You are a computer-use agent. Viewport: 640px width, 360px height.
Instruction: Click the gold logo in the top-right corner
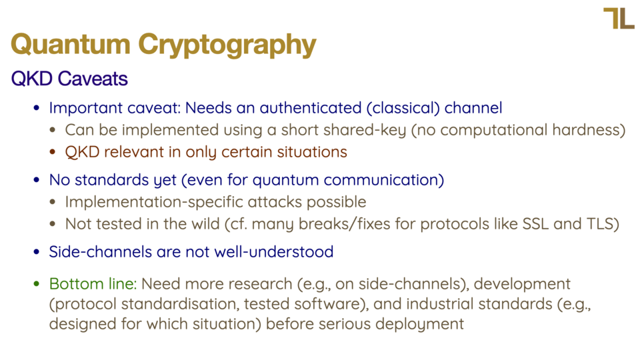tap(619, 19)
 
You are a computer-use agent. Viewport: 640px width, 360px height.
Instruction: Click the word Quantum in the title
tap(70, 45)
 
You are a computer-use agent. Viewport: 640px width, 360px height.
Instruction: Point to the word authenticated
tap(311, 108)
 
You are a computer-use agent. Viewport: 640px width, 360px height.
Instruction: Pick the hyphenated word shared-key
tap(364, 130)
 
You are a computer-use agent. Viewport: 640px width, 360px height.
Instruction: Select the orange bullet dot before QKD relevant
tap(52, 152)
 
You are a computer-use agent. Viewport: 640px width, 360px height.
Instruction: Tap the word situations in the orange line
tap(312, 152)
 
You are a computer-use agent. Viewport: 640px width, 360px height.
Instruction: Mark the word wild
tap(202, 224)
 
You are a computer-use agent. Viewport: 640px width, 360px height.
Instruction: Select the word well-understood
tap(273, 252)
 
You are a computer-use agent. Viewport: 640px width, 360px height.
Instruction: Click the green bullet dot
tap(36, 284)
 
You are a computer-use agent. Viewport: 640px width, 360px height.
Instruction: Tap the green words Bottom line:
tap(93, 284)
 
